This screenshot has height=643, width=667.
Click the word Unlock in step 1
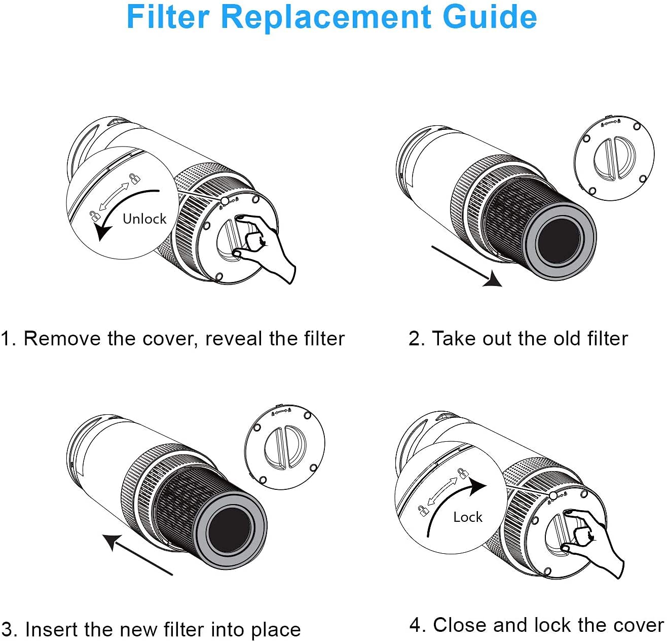(x=144, y=219)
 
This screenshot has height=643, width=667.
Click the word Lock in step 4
(x=467, y=517)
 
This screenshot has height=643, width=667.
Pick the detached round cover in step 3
(x=284, y=447)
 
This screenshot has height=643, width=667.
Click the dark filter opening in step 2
(x=559, y=241)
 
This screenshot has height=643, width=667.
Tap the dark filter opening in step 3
(x=230, y=529)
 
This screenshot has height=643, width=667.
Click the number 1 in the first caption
(x=6, y=339)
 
